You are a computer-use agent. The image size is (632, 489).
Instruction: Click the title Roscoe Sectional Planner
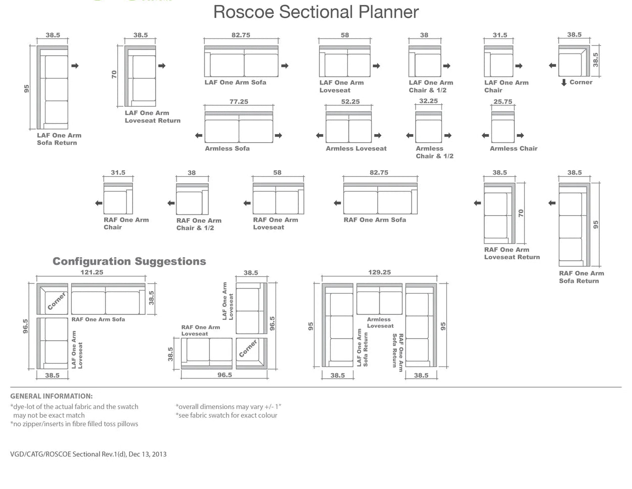click(316, 12)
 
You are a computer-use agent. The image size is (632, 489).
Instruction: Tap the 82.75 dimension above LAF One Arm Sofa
click(241, 35)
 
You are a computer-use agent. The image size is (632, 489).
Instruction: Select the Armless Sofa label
click(227, 148)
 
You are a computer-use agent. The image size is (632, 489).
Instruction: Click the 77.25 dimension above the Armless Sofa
click(239, 102)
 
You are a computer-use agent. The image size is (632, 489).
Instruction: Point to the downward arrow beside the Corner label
click(564, 83)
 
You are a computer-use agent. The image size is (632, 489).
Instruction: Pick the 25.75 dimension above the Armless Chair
click(503, 102)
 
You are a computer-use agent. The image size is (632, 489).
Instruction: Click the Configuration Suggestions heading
click(129, 261)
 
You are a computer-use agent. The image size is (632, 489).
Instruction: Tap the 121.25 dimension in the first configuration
click(92, 272)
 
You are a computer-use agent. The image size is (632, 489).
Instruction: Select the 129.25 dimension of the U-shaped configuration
click(379, 272)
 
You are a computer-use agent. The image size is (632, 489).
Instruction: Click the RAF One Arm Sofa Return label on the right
click(581, 277)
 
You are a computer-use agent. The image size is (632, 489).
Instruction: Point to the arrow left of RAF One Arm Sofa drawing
click(337, 203)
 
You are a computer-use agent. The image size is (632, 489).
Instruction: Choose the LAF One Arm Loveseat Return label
click(152, 117)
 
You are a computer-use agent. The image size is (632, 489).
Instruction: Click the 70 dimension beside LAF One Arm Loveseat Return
click(114, 74)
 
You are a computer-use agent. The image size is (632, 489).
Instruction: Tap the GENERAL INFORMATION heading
click(52, 396)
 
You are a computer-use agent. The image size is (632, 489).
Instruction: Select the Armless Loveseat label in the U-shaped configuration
click(380, 322)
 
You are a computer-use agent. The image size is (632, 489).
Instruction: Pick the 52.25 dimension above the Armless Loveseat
click(350, 102)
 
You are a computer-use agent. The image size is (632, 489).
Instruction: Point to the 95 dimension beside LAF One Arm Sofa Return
click(27, 88)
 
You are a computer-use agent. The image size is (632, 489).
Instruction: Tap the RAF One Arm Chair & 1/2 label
click(198, 224)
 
